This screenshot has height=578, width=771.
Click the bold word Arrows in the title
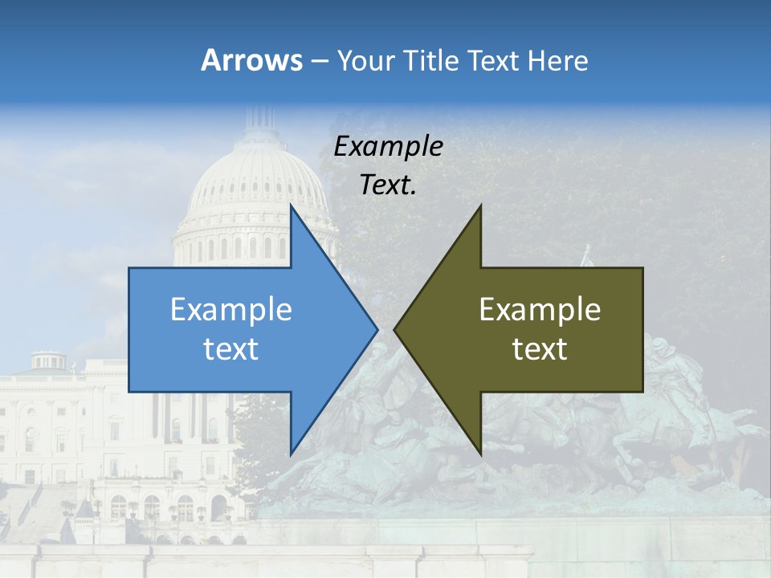pyautogui.click(x=252, y=60)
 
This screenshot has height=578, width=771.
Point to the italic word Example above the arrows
pyautogui.click(x=388, y=147)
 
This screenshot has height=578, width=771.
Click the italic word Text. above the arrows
pyautogui.click(x=388, y=185)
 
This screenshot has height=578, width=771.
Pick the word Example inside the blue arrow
pyautogui.click(x=231, y=310)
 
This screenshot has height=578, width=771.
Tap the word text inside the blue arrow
pyautogui.click(x=231, y=348)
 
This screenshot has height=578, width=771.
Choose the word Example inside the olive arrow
pyautogui.click(x=540, y=310)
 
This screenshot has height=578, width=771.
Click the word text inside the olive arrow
pyautogui.click(x=540, y=348)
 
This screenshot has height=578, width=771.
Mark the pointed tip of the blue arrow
pyautogui.click(x=377, y=329)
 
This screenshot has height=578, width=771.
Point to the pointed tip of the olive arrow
pyautogui.click(x=395, y=329)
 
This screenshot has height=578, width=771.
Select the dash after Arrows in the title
pyautogui.click(x=319, y=62)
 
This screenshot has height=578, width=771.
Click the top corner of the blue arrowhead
pyautogui.click(x=292, y=206)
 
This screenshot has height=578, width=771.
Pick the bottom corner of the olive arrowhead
pyautogui.click(x=480, y=454)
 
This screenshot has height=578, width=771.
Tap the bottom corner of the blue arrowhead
pyautogui.click(x=292, y=454)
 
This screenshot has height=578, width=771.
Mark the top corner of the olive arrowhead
pyautogui.click(x=480, y=206)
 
